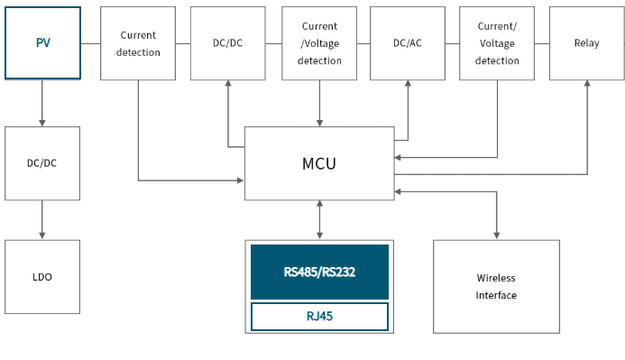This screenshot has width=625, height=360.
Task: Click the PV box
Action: point(42,43)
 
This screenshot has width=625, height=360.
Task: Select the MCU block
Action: point(319,163)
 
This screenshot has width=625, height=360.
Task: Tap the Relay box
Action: point(587,43)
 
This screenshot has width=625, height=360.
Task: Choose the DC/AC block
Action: point(408,43)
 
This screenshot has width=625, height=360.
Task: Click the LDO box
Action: point(42,277)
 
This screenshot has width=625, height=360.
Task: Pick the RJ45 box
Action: point(319,317)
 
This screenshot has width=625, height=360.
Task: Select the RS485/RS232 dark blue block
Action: point(319,272)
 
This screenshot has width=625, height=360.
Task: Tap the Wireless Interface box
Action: point(496,287)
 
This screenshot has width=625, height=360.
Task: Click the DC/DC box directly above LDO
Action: point(42,163)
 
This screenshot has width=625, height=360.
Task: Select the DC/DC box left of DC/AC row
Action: point(227,43)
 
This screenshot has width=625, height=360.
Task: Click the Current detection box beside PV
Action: point(138,43)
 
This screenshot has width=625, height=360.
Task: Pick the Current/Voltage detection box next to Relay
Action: point(497,43)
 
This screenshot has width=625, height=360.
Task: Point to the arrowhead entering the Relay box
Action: point(587,83)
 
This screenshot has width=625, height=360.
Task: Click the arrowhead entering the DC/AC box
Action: point(408,83)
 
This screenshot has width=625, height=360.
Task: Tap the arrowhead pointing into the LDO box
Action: point(42,236)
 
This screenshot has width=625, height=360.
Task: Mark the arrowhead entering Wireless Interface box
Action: point(497,236)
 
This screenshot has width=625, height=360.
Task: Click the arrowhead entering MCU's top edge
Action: point(319,124)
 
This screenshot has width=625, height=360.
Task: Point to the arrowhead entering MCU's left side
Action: point(241,180)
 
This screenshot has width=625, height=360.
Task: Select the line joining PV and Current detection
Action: point(90,43)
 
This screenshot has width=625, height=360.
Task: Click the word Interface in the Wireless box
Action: point(496,295)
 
